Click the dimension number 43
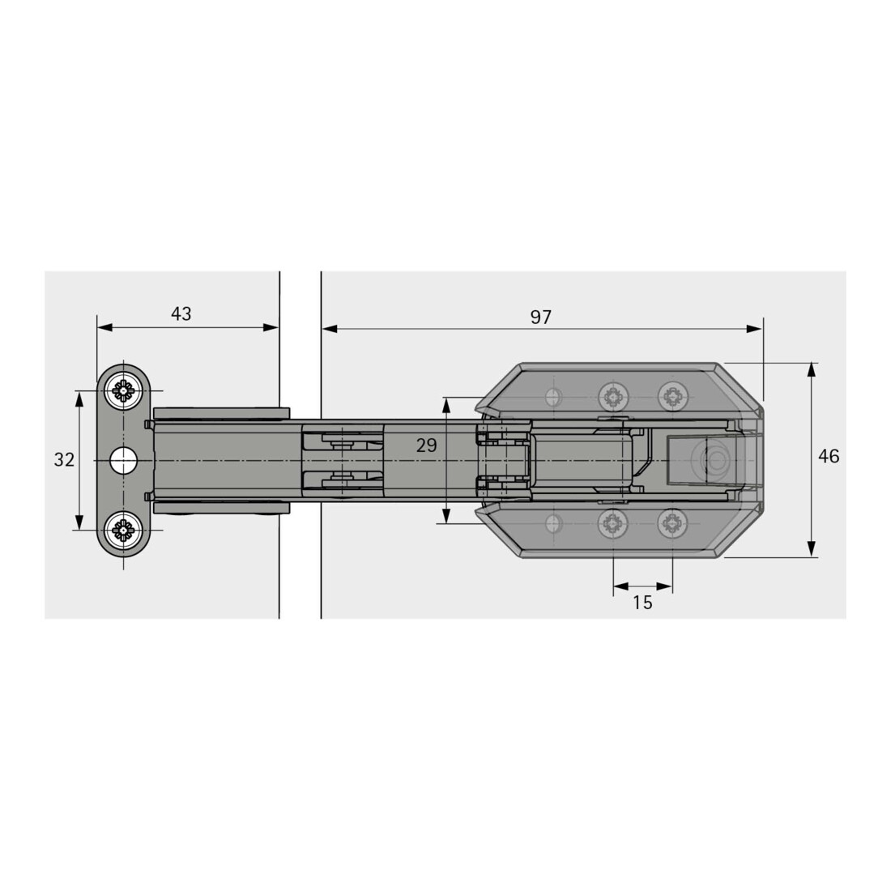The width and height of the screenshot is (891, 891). pos(181,313)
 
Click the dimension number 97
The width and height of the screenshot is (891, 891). pos(540,317)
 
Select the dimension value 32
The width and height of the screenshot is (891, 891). pos(64,459)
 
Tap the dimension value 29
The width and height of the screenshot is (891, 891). pos(426,446)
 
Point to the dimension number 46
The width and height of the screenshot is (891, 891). pos(829,456)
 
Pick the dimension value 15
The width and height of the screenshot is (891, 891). pos(642,603)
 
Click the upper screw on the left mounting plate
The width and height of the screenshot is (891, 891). pos(123,390)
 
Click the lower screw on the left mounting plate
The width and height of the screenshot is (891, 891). pos(123,531)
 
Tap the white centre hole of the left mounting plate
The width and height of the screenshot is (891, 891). pos(123,460)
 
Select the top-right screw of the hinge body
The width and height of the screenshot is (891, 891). pos(673,396)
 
